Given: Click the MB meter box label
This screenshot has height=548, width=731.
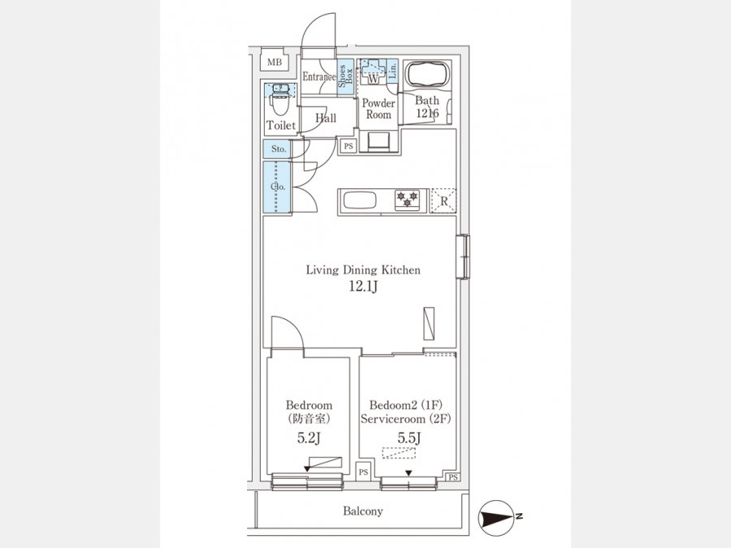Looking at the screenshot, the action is (x=275, y=62).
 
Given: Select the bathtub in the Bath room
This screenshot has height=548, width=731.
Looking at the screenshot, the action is (x=427, y=74).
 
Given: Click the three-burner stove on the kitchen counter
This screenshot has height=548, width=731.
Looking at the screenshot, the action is (x=407, y=201).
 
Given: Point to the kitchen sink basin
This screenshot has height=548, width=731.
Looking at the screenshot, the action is (x=360, y=201).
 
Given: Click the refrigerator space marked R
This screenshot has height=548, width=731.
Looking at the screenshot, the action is (x=443, y=201).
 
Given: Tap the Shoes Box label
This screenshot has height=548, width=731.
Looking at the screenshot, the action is (x=345, y=76).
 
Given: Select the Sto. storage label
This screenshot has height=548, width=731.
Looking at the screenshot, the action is (x=279, y=149).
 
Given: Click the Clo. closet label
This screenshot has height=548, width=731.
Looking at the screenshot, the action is (x=278, y=187).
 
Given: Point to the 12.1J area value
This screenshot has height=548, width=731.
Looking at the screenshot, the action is (x=363, y=287).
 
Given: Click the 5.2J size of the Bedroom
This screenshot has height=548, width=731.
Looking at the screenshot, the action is (x=309, y=438).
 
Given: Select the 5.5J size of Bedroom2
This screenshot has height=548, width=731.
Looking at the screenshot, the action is (x=409, y=438).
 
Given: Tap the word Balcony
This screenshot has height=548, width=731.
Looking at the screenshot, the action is (x=363, y=511).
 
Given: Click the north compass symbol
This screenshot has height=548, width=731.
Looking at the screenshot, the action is (x=497, y=517).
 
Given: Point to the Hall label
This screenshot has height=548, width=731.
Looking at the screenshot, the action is (x=326, y=119).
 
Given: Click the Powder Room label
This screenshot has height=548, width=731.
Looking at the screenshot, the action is (x=378, y=109).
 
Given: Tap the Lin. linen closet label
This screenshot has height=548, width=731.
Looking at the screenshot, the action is (x=392, y=71).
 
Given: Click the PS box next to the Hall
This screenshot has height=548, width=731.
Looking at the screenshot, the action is (x=348, y=146).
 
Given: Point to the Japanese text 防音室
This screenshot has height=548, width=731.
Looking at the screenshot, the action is (x=309, y=418).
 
